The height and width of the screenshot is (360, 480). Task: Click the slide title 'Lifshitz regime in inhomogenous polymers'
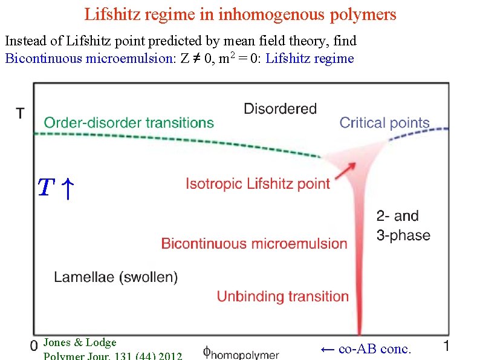(240, 14)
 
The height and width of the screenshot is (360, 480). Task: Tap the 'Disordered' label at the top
(280, 109)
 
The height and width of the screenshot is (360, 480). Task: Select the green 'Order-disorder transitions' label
(129, 123)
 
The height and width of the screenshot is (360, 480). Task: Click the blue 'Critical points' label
(384, 123)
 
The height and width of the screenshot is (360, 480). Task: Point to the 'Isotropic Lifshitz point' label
(258, 183)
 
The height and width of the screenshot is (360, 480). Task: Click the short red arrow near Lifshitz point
(344, 171)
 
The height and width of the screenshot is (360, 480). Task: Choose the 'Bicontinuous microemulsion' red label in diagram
(254, 244)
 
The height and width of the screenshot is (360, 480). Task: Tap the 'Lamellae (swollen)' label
(116, 277)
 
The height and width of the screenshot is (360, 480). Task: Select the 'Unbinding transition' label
(282, 296)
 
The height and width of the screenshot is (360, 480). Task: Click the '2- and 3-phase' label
(403, 226)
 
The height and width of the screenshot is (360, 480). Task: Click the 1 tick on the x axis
(446, 345)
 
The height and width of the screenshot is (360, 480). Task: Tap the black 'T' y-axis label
(21, 113)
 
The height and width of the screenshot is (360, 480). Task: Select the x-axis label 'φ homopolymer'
(241, 353)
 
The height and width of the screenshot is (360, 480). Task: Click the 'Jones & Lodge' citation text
(80, 342)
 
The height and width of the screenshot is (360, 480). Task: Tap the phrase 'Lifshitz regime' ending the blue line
(310, 59)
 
